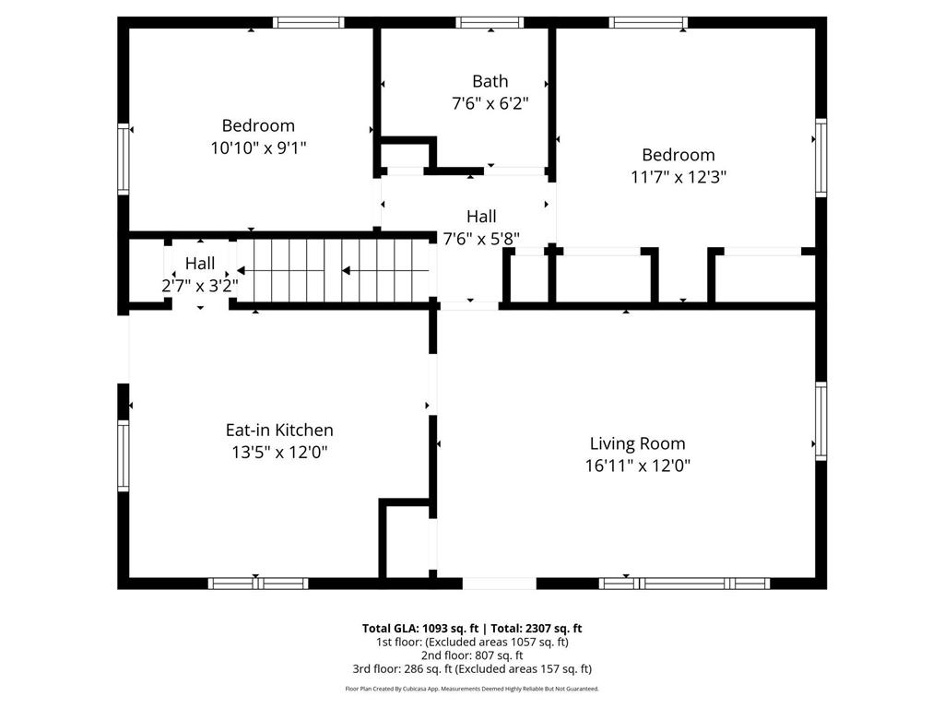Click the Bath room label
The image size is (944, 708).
[490, 81]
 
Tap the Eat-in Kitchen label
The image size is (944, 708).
[279, 430]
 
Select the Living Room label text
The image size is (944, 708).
[638, 443]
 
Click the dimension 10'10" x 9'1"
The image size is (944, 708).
[258, 147]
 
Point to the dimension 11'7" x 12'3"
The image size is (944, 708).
[678, 177]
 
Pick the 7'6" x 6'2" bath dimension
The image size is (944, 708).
[490, 103]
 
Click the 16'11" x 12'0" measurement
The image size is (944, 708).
[638, 466]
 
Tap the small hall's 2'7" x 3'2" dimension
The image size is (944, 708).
[200, 286]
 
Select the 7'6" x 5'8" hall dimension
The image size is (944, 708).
[481, 239]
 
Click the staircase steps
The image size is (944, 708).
[335, 270]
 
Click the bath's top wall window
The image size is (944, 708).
[490, 23]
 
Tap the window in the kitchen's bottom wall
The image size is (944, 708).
[258, 584]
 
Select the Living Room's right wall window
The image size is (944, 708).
[821, 420]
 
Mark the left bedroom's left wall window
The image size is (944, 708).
[124, 159]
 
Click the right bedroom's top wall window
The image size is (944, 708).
[648, 23]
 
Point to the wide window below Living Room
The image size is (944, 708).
[685, 584]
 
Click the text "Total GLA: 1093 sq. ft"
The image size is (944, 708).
[420, 629]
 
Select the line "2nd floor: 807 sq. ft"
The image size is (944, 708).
[472, 655]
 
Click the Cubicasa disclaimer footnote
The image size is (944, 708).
[472, 689]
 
